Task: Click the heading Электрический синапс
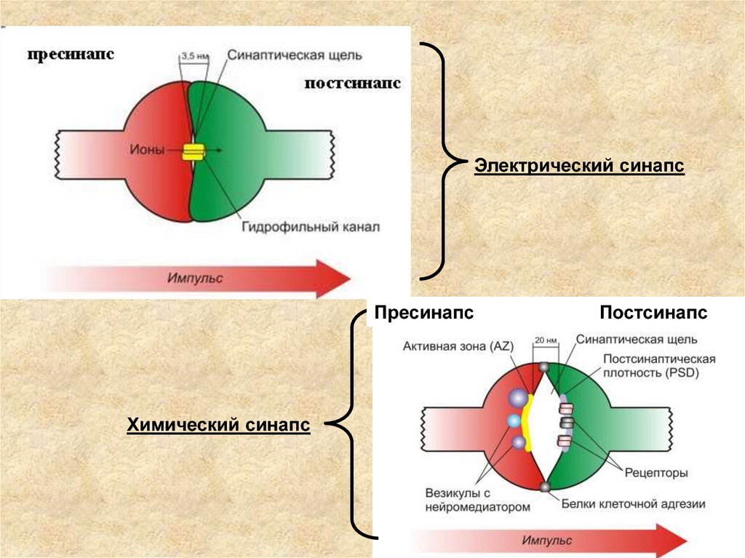click(x=579, y=167)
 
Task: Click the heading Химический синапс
click(x=219, y=424)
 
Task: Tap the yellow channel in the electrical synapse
click(x=194, y=151)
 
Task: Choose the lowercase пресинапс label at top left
click(x=71, y=55)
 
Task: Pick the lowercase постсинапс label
click(x=353, y=84)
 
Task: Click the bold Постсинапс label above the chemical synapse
click(x=653, y=313)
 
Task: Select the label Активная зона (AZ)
click(x=458, y=345)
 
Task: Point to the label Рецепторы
click(x=656, y=473)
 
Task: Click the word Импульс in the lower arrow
click(x=546, y=541)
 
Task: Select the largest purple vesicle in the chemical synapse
click(x=517, y=398)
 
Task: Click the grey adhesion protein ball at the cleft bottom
click(x=543, y=486)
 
